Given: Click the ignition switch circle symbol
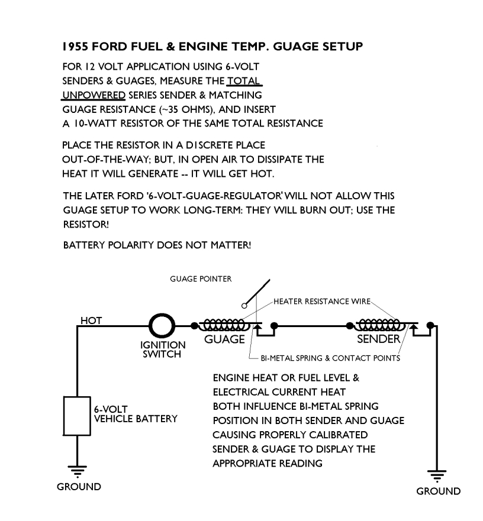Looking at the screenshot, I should pos(161,325).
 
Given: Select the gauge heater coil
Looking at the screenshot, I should pos(223,325).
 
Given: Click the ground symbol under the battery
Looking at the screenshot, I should pos(77,471).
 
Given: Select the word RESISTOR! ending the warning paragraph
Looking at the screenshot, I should pos(84,225).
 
